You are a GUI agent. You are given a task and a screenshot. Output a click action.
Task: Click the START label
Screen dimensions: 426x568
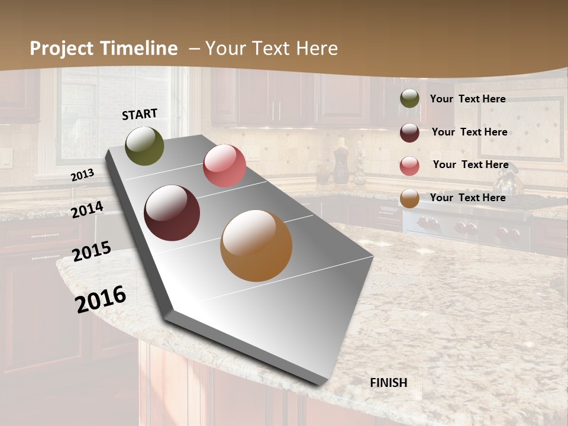(x=140, y=114)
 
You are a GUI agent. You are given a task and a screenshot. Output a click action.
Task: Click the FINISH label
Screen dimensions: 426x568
(x=389, y=383)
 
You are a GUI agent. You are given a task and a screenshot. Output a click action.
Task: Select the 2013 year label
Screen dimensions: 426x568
(x=83, y=175)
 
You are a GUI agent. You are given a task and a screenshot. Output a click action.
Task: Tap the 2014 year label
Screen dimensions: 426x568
(x=88, y=209)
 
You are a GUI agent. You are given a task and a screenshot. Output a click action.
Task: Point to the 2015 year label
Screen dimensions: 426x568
(x=92, y=251)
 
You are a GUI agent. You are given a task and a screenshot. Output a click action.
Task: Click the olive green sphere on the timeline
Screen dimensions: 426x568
(x=145, y=146)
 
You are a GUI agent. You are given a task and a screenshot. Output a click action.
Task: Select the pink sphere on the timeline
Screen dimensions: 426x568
(x=224, y=166)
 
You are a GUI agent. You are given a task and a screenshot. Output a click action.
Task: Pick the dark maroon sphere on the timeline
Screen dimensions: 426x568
(x=172, y=213)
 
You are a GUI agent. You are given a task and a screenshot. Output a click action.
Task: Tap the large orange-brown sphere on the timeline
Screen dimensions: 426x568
(x=256, y=246)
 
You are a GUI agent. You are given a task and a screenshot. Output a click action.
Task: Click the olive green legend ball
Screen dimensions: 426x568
(x=409, y=99)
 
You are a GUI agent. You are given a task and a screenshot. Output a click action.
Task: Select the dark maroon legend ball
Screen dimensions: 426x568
(x=409, y=133)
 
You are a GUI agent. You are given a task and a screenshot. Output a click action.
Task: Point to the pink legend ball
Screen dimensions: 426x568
(x=409, y=166)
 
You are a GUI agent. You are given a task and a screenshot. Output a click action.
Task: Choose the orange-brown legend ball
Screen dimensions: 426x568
(x=409, y=198)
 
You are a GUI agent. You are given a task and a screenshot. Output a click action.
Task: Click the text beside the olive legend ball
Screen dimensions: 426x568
(x=467, y=99)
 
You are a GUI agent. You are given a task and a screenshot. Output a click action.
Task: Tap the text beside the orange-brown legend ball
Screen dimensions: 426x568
(x=467, y=198)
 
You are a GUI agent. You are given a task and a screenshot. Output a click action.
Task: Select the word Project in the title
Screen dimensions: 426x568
(x=63, y=49)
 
